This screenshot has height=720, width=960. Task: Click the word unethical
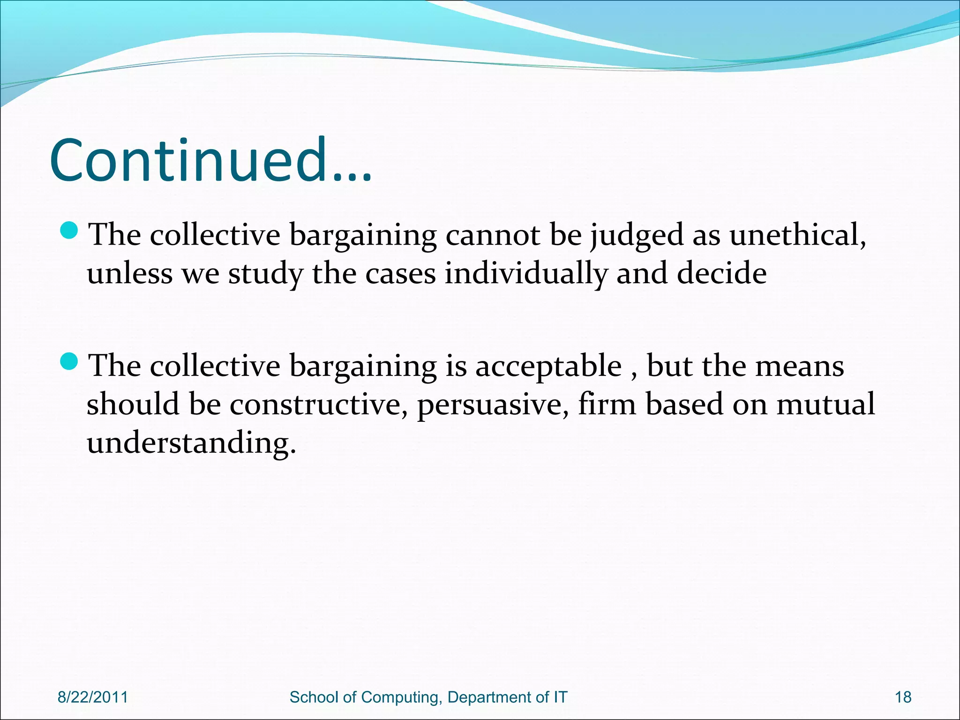pyautogui.click(x=797, y=234)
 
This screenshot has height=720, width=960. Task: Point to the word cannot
pyautogui.click(x=492, y=234)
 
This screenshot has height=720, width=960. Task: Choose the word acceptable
pyautogui.click(x=548, y=367)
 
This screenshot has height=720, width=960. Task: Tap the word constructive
pyautogui.click(x=318, y=404)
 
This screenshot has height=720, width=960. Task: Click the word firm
pyautogui.click(x=607, y=404)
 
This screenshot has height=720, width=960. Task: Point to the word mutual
pyautogui.click(x=825, y=404)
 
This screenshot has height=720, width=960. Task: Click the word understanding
pyautogui.click(x=191, y=443)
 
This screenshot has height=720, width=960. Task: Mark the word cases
pyautogui.click(x=400, y=274)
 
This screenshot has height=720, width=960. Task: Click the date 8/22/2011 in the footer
pyautogui.click(x=93, y=697)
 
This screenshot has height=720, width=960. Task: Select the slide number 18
pyautogui.click(x=903, y=697)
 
